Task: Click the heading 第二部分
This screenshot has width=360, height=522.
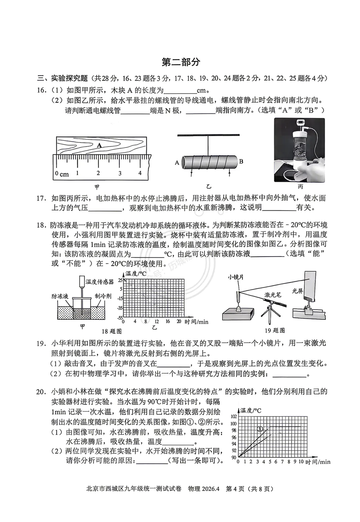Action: (x=181, y=62)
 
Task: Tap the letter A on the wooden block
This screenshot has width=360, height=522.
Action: (x=99, y=145)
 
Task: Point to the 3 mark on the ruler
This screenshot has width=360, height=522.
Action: (x=120, y=173)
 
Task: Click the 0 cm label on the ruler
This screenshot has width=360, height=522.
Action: (x=62, y=174)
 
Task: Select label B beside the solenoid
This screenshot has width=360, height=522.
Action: (x=241, y=162)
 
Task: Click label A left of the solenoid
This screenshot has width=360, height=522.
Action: (x=177, y=163)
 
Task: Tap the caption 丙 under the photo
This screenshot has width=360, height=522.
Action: (x=300, y=187)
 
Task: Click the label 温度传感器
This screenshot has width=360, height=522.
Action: (x=100, y=282)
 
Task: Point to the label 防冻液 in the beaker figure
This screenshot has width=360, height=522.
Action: (x=60, y=296)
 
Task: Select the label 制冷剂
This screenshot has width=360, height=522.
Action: (x=103, y=296)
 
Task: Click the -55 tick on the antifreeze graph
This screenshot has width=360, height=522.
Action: (x=120, y=318)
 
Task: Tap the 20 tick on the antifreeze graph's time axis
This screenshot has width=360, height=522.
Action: (x=179, y=322)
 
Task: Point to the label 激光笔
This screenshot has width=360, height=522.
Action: (x=273, y=294)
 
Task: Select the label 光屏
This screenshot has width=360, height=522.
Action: (x=297, y=291)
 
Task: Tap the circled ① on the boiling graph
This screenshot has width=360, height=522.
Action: (x=261, y=429)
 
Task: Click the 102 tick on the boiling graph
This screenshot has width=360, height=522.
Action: (x=233, y=417)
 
